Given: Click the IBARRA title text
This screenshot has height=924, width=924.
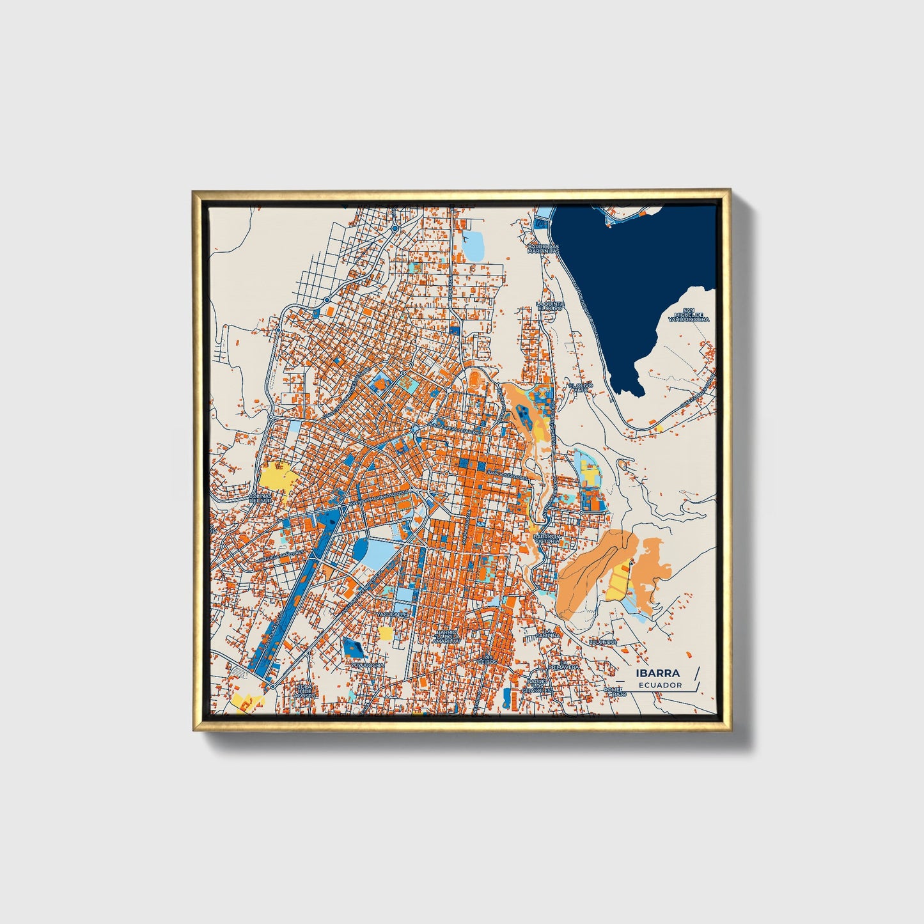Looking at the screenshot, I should pyautogui.click(x=657, y=673).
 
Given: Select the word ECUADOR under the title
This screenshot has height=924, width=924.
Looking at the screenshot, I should pyautogui.click(x=660, y=685).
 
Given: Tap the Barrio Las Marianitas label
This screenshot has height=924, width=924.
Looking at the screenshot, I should pyautogui.click(x=543, y=249).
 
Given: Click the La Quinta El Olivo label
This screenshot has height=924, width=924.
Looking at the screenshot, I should pyautogui.click(x=550, y=306).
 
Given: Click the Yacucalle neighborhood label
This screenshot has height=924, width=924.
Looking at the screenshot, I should pyautogui.click(x=391, y=615).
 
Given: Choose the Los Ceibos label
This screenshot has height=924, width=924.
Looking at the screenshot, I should pyautogui.click(x=487, y=659).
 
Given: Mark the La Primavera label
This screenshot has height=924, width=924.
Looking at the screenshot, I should pyautogui.click(x=563, y=666).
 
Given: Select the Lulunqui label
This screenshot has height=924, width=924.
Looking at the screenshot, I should pyautogui.click(x=602, y=641).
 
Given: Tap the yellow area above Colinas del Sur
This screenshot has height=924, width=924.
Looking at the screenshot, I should pyautogui.click(x=276, y=476).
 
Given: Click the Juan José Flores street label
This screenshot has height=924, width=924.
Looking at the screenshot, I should pyautogui.click(x=506, y=477).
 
